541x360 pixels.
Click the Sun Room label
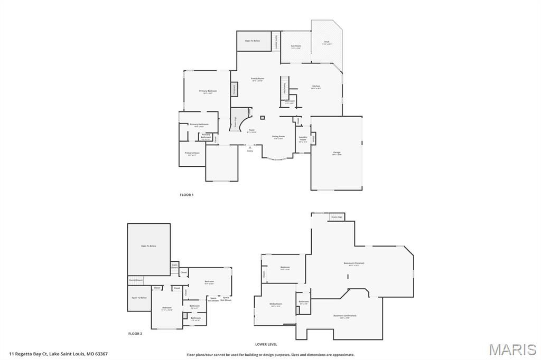(296, 46)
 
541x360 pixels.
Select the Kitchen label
(316, 86)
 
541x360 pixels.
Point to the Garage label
(337, 153)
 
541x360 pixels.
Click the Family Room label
(258, 79)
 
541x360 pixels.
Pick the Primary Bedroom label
(208, 91)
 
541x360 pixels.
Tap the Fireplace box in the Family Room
(234, 89)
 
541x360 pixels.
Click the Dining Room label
(278, 137)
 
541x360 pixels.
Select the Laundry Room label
(303, 138)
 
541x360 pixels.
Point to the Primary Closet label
(192, 153)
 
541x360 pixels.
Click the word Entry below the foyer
(250, 151)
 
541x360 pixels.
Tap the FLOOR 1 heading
(186, 195)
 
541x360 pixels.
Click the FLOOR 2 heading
(135, 334)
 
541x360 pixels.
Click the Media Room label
(276, 304)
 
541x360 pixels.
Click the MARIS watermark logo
(512, 349)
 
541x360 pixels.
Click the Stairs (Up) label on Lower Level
(337, 217)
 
